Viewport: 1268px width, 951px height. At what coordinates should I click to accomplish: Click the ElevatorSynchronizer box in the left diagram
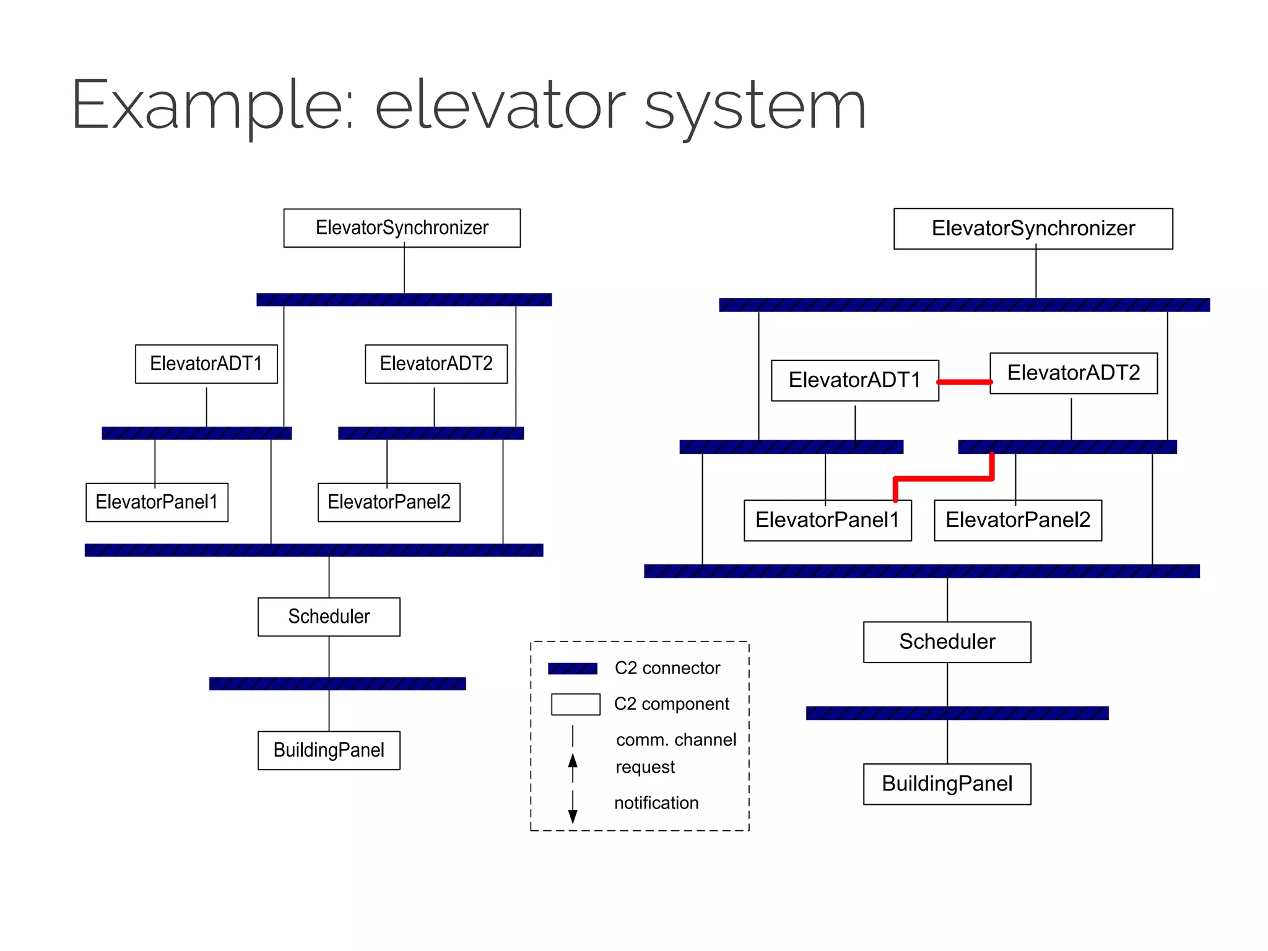tap(402, 228)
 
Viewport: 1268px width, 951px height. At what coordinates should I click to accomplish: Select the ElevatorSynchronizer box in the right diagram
tap(1033, 228)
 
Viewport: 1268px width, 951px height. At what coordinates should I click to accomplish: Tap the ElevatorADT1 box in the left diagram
tap(206, 363)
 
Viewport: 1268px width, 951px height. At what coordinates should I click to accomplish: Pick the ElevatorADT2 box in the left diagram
tap(436, 363)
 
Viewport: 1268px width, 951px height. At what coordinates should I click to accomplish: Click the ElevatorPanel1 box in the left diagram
tap(157, 502)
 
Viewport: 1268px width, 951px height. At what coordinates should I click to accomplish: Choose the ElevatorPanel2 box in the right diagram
tap(1018, 520)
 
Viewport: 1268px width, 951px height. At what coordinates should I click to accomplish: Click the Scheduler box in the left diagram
tap(329, 617)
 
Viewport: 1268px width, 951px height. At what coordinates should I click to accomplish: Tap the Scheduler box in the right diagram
tap(947, 642)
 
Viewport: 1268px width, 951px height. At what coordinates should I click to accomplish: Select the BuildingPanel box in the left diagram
tap(329, 750)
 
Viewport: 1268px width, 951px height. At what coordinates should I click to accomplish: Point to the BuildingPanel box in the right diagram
tap(947, 784)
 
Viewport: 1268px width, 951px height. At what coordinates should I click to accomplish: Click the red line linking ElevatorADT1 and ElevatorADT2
tap(964, 382)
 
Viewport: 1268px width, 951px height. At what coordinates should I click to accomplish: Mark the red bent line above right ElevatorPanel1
tap(944, 478)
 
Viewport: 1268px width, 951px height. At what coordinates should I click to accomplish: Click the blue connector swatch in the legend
tap(573, 669)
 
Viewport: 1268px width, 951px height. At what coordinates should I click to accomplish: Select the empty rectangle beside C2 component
tap(575, 705)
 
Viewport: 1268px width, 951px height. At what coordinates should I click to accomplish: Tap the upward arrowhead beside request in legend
tap(573, 760)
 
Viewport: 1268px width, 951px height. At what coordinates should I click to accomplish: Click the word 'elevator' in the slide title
tap(500, 105)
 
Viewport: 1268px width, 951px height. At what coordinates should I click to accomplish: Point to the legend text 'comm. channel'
tap(676, 740)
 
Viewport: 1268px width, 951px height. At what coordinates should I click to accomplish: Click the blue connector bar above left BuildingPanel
tap(337, 684)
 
